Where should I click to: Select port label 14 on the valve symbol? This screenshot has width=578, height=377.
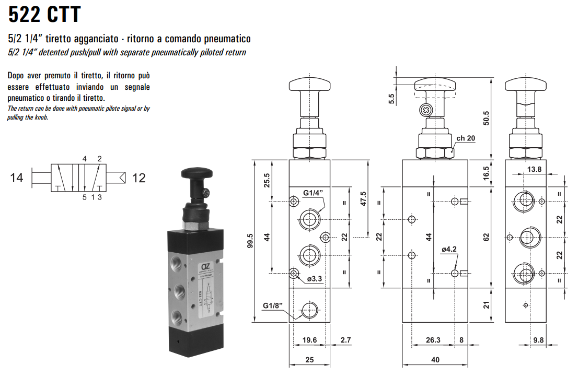(x=17, y=178)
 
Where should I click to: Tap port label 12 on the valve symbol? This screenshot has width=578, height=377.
(x=138, y=178)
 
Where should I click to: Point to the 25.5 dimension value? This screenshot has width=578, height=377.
(x=267, y=181)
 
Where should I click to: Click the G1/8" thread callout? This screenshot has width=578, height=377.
(x=273, y=305)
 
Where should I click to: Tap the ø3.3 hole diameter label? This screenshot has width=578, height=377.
(x=315, y=279)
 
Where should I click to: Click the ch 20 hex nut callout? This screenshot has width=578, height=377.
(x=466, y=138)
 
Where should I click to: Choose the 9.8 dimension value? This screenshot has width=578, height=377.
(x=538, y=340)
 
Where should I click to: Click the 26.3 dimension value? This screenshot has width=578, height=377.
(x=433, y=340)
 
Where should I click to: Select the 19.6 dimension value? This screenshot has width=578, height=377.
(x=310, y=340)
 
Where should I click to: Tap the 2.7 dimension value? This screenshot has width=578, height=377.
(x=345, y=340)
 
